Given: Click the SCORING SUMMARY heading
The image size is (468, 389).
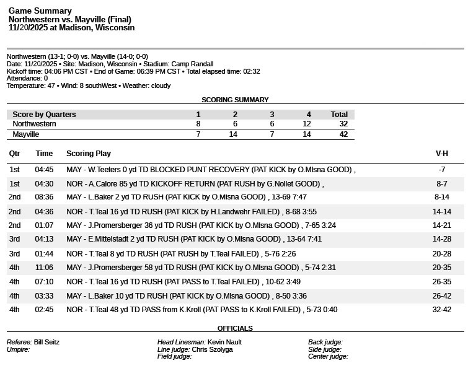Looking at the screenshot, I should click(235, 100).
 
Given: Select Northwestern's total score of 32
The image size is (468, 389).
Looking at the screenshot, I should click(343, 124).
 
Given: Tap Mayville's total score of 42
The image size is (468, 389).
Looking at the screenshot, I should click(343, 134).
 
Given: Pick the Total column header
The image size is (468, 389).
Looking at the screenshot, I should click(339, 115).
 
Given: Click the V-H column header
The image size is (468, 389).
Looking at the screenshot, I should click(441, 154).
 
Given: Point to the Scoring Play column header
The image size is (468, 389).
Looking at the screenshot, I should click(89, 154).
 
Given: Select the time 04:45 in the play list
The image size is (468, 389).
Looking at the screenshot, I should click(44, 170).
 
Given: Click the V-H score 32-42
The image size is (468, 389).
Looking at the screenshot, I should click(441, 310).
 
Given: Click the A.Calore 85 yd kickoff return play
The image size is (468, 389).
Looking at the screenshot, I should click(195, 184).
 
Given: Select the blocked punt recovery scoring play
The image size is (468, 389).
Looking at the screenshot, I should click(211, 170).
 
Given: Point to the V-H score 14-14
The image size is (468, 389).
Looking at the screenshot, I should click(441, 212).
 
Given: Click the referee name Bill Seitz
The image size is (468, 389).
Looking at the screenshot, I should click(46, 342).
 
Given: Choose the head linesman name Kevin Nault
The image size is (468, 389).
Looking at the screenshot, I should click(224, 342).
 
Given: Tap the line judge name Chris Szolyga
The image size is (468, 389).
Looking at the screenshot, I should click(212, 349).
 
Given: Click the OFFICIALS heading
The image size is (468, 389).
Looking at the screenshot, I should click(235, 328).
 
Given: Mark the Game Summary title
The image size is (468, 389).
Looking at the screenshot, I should click(40, 11).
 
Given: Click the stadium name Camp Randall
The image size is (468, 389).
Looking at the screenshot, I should click(192, 64).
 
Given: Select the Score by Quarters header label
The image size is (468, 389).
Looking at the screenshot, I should click(44, 115).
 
